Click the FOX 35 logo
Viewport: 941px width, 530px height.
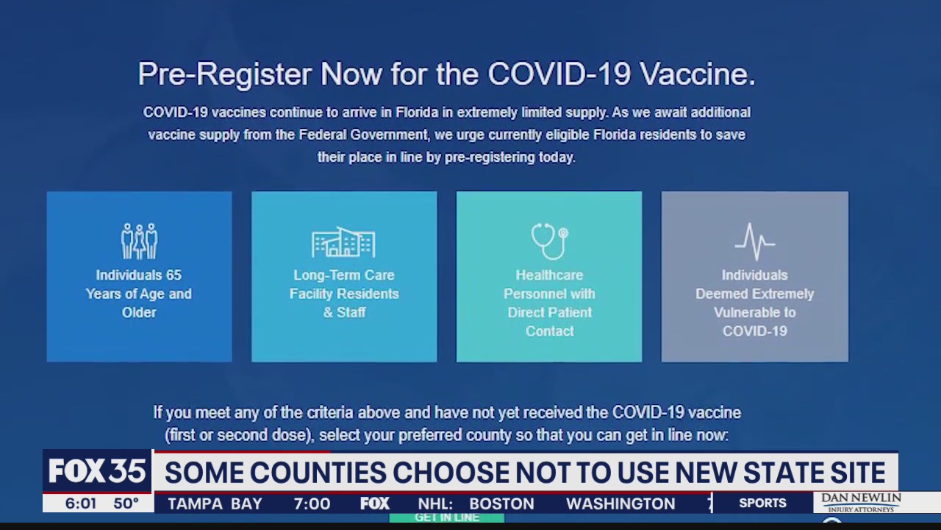pyautogui.click(x=97, y=472)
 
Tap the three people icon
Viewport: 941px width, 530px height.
pyautogui.click(x=139, y=241)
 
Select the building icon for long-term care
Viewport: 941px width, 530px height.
pyautogui.click(x=343, y=242)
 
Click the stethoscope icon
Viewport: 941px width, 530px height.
pyautogui.click(x=549, y=241)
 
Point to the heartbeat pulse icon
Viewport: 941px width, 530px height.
pyautogui.click(x=754, y=241)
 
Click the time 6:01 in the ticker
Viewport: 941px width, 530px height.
pyautogui.click(x=81, y=504)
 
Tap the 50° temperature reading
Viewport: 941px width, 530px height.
pyautogui.click(x=126, y=504)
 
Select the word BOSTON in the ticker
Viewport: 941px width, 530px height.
pyautogui.click(x=501, y=504)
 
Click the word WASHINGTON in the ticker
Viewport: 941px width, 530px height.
pyautogui.click(x=620, y=504)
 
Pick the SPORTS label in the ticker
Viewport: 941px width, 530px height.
pyautogui.click(x=762, y=504)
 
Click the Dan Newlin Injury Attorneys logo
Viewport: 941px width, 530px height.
pyautogui.click(x=861, y=502)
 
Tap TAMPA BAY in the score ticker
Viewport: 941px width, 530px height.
pyautogui.click(x=215, y=504)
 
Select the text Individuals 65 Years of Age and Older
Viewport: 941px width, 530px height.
pyautogui.click(x=139, y=294)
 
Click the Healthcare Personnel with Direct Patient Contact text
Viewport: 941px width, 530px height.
pyautogui.click(x=549, y=303)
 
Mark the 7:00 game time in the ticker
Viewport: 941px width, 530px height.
pyautogui.click(x=312, y=504)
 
